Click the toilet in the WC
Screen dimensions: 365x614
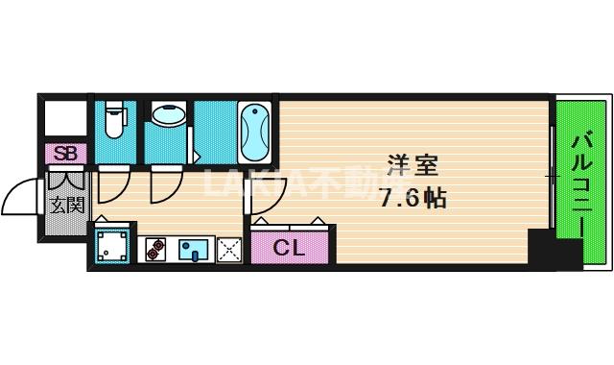[x=113, y=119]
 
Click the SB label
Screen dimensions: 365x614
[x=65, y=154]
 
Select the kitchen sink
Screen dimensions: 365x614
[x=193, y=251]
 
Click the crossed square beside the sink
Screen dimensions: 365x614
[x=228, y=251]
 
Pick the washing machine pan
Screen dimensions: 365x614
[x=113, y=246]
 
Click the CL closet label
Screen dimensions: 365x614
[x=289, y=248]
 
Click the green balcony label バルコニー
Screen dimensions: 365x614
[x=582, y=182]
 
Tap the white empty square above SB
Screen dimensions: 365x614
[x=65, y=118]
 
